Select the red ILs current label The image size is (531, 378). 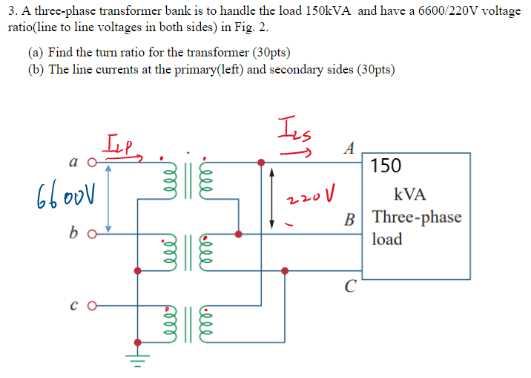tap(293, 131)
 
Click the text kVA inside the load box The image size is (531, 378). tap(410, 195)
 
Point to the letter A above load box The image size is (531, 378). tap(349, 147)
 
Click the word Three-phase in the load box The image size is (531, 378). tap(417, 218)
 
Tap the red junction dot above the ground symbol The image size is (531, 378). tap(138, 342)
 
